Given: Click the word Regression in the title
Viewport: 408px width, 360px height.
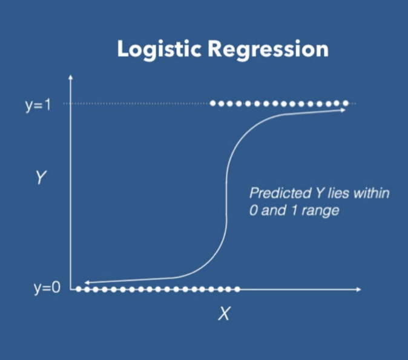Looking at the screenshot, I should point(268,50).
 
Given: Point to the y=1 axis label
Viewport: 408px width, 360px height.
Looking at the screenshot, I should point(40,105).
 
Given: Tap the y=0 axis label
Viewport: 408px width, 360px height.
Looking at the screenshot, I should point(47,288).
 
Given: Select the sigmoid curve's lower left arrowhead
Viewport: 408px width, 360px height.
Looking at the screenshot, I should point(87,282).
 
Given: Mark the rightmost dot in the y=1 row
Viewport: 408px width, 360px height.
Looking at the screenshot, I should point(346,104).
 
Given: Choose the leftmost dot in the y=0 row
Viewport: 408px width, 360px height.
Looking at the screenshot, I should point(79,289).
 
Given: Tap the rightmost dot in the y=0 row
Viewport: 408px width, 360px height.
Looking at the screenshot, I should point(237,289).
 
